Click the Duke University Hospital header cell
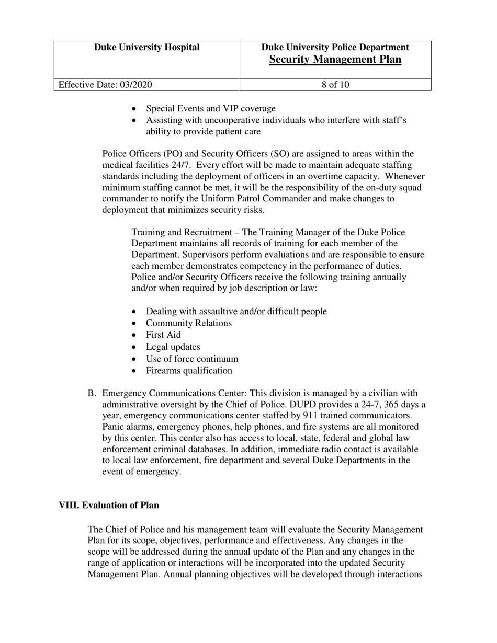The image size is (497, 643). coord(146,48)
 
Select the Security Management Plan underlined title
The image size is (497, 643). coord(335,60)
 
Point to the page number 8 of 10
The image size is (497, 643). coord(335,85)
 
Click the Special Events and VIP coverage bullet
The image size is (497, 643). coord(210,109)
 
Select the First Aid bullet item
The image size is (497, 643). coord(163,335)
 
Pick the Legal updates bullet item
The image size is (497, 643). coord(173,347)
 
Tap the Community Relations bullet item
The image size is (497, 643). coord(188,323)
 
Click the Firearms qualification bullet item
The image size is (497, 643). coord(189,371)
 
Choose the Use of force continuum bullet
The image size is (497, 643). coord(192,359)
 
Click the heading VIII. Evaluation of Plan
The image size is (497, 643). coord(109,505)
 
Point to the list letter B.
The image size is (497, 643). coord(92,393)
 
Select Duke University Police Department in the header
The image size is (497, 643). coord(335,48)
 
